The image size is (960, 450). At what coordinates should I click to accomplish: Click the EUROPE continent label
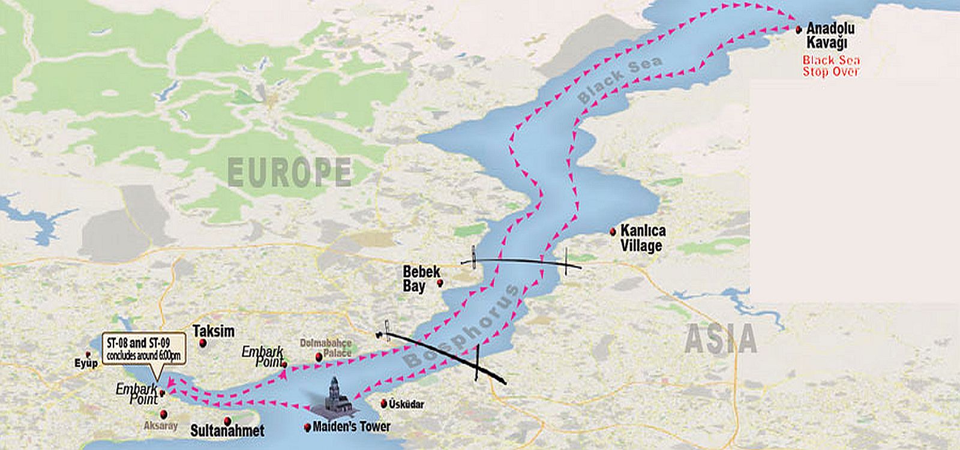289,172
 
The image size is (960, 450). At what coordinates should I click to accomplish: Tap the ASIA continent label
721,340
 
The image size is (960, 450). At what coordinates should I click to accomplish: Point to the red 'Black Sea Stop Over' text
831,66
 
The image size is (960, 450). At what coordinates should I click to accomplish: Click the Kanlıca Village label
642,238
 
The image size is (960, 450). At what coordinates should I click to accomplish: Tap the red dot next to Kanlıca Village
613,232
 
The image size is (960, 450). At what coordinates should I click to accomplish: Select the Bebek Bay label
421,278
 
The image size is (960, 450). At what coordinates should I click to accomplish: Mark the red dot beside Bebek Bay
440,283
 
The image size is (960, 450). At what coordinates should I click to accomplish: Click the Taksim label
214,331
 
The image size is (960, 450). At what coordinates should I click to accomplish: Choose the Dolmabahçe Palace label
326,348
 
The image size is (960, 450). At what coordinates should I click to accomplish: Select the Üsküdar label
406,404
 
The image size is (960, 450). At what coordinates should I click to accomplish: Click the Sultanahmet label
227,431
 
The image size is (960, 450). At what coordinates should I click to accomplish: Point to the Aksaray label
161,425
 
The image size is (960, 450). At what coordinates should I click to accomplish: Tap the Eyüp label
86,363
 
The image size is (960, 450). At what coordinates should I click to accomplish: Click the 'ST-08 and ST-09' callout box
144,349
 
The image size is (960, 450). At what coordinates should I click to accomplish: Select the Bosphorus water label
460,328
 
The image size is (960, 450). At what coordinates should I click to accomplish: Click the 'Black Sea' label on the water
621,79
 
